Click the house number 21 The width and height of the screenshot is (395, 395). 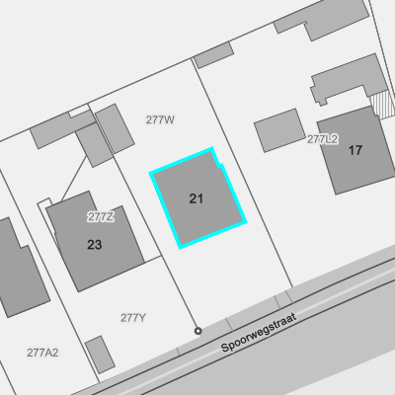196,198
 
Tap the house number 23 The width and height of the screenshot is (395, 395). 94,245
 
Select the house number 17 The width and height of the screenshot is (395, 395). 355,150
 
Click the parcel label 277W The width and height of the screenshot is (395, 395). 160,119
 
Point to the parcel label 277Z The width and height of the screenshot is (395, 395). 101,216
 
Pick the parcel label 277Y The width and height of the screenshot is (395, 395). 133,318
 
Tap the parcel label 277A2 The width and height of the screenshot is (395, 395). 42,353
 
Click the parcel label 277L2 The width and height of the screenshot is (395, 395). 323,139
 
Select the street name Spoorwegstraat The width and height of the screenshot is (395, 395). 259,333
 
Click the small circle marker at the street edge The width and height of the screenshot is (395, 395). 197,331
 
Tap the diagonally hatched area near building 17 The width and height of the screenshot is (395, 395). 383,105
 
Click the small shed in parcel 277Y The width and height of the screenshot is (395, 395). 100,355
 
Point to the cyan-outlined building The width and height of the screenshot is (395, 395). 198,197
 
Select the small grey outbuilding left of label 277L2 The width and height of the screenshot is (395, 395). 279,130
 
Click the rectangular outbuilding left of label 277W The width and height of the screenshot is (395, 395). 115,128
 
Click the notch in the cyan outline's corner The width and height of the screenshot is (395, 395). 220,165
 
